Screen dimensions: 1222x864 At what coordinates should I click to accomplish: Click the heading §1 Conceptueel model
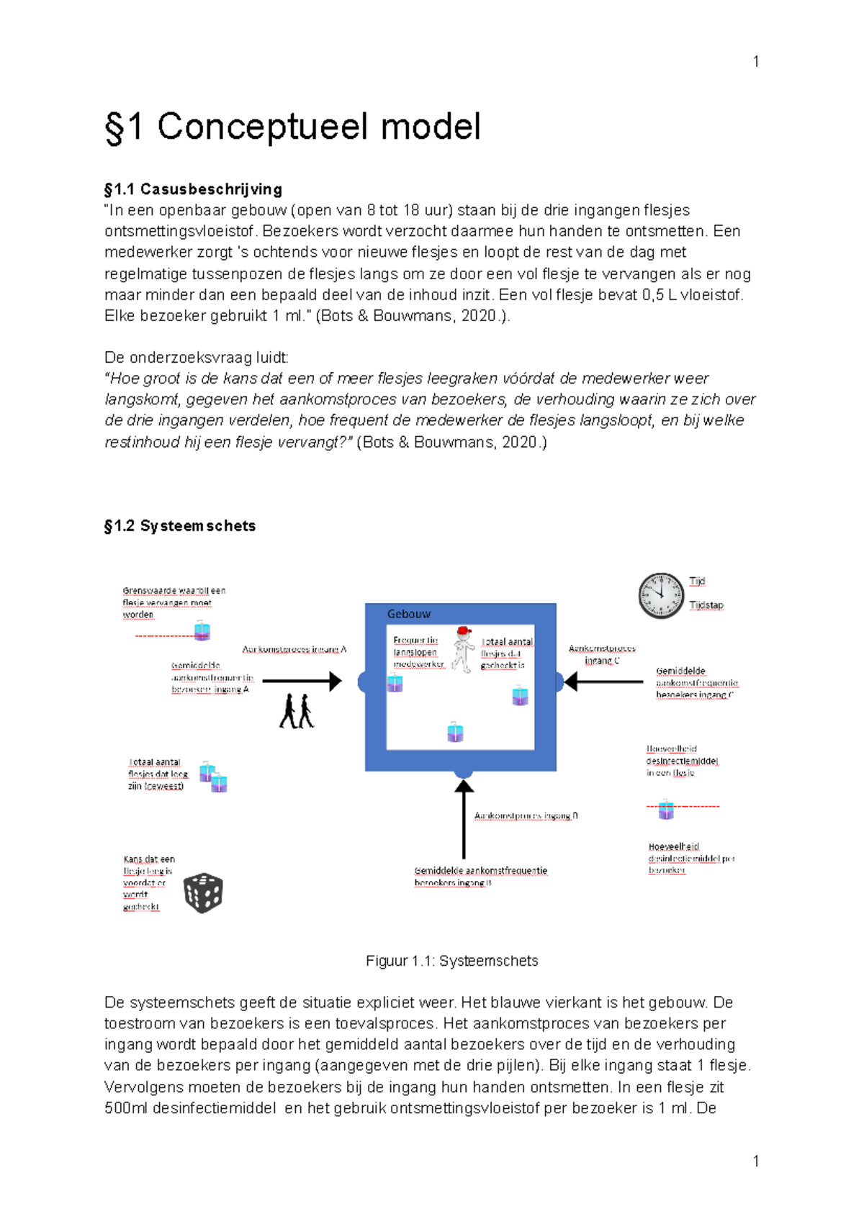tap(292, 127)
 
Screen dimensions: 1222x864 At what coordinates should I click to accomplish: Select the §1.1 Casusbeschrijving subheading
tap(193, 189)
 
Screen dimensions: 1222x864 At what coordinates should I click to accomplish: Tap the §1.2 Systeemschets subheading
tap(180, 526)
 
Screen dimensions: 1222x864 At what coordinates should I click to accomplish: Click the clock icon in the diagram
tap(660, 596)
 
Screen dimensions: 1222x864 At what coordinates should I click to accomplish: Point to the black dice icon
tap(203, 893)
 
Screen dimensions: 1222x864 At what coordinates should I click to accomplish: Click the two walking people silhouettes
tap(297, 711)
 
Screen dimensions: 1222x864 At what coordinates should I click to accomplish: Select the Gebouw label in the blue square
tap(408, 614)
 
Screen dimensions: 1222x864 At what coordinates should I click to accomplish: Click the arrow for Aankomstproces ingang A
tap(302, 680)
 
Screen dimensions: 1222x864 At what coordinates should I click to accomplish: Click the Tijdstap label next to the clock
tap(706, 605)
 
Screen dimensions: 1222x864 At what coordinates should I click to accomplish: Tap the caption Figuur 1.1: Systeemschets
tap(451, 961)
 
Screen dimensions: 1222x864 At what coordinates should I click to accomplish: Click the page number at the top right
tap(755, 62)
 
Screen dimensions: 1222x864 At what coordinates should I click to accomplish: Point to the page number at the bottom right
tap(755, 1160)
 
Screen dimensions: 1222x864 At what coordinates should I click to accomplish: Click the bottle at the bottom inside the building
tap(455, 732)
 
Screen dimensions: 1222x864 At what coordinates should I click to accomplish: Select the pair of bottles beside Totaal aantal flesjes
tap(214, 777)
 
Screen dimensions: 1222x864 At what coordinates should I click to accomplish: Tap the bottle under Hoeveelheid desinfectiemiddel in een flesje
tap(666, 809)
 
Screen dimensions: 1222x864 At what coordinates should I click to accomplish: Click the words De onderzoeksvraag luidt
tap(196, 358)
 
